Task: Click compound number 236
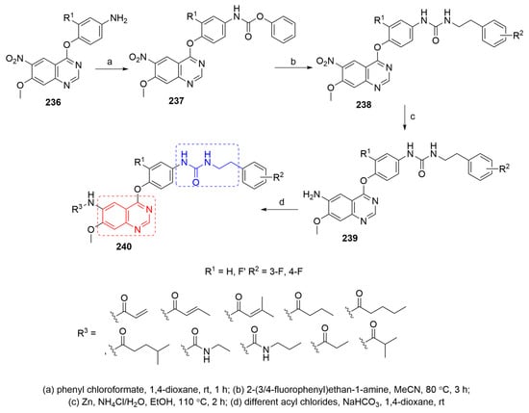coord(54,102)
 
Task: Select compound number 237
coord(176,101)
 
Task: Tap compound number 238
coord(364,105)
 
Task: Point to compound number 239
coord(350,238)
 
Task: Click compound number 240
coord(123,246)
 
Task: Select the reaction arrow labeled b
coord(292,68)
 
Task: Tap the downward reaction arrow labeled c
coord(405,118)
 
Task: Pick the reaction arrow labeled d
coord(280,210)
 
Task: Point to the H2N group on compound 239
coord(311,194)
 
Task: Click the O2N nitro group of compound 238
coord(324,62)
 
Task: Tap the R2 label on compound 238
coord(517,35)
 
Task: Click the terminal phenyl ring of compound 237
coord(283,30)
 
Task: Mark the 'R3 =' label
coord(87,334)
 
